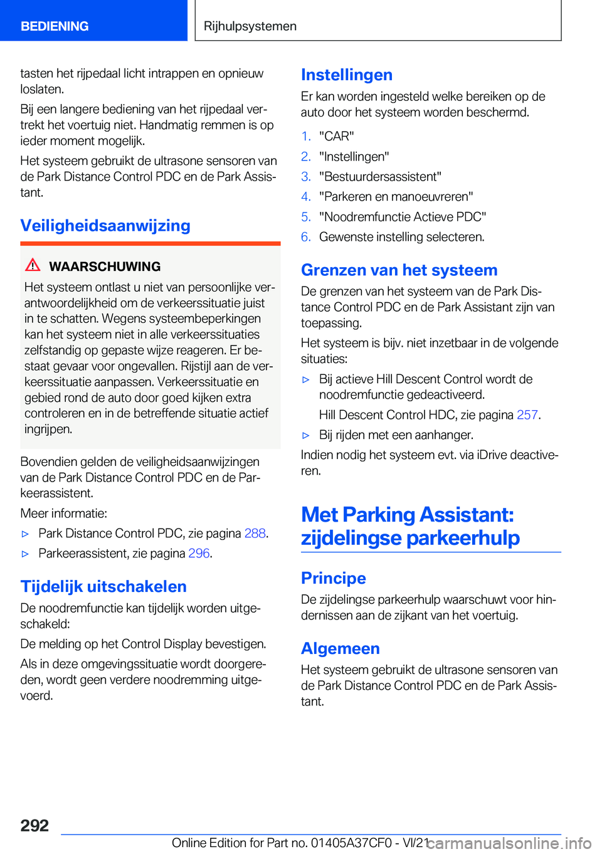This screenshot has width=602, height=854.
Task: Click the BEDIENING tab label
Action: point(55,26)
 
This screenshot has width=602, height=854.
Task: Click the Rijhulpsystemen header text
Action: point(250,26)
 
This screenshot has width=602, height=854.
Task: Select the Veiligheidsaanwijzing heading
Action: point(105,226)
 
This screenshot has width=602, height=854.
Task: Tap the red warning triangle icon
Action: point(33,265)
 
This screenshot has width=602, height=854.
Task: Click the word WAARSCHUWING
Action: point(105,266)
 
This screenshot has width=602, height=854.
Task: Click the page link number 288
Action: point(255,534)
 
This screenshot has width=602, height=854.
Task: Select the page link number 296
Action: point(199,554)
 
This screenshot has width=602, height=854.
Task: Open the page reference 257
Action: point(527,415)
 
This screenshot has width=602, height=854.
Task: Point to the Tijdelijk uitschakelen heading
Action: point(103,587)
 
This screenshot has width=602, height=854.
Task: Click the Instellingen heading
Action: point(347,75)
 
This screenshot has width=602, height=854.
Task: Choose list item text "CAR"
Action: point(337,137)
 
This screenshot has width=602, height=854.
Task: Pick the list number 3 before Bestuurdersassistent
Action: point(306,177)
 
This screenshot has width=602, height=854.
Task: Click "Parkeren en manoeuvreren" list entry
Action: point(396,197)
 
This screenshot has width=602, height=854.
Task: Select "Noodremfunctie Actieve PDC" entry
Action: point(403,217)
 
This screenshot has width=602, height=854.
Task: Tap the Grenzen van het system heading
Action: point(399,270)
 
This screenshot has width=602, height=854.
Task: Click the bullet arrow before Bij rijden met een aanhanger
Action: point(306,435)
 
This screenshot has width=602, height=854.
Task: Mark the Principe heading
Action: point(334,578)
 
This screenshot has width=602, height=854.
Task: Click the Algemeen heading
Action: point(341,648)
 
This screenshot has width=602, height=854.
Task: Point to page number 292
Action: point(34,825)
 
